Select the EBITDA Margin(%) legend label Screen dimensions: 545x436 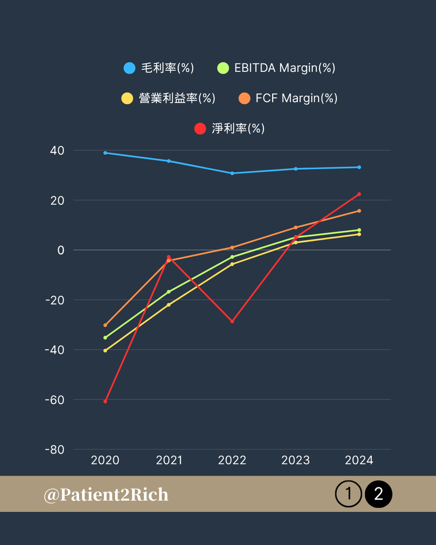[284, 68]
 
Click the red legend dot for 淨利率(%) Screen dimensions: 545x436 [200, 129]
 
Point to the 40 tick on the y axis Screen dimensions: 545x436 [57, 150]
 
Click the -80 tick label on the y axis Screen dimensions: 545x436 [54, 450]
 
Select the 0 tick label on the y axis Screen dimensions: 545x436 [61, 250]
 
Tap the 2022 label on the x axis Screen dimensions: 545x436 [232, 460]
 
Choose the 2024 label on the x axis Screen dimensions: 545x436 [359, 460]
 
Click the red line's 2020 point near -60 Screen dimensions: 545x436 [105, 401]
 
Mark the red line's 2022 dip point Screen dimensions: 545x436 [232, 321]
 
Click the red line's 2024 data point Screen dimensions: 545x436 [359, 194]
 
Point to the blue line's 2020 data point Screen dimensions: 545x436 [105, 153]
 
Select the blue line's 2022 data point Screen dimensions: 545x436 [232, 173]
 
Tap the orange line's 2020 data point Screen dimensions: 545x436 [105, 325]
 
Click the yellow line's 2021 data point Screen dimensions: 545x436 [169, 305]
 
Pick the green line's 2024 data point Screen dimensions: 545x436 [359, 230]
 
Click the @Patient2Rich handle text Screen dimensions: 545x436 [106, 494]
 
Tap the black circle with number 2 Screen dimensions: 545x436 [378, 494]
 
